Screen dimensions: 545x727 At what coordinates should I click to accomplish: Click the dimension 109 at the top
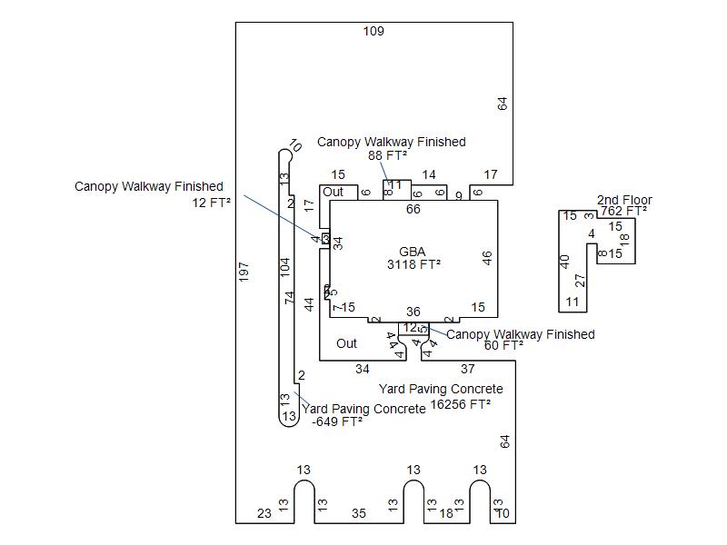(373, 31)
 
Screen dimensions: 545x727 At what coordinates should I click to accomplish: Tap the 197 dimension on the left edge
(244, 272)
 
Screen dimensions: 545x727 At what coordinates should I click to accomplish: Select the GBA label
(412, 252)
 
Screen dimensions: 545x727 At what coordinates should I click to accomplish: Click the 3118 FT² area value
(413, 264)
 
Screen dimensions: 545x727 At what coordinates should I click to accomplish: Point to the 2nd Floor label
(624, 200)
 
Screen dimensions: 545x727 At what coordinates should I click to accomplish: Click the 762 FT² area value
(623, 211)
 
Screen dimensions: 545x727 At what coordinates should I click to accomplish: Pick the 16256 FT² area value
(461, 403)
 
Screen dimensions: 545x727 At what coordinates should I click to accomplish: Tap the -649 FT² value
(337, 421)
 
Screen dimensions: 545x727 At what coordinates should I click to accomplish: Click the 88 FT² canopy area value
(387, 155)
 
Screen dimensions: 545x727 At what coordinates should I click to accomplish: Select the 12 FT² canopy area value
(211, 203)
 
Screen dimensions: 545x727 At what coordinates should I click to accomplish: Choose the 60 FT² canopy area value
(503, 345)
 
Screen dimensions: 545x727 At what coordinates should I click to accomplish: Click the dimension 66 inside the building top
(413, 210)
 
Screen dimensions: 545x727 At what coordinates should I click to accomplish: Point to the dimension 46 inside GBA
(487, 259)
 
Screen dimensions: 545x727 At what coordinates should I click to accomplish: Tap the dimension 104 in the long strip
(285, 267)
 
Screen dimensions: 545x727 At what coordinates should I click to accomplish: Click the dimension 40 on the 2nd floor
(564, 262)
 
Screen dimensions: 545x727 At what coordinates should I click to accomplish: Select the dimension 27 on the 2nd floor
(581, 280)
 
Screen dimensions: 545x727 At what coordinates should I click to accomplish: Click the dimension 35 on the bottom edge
(358, 513)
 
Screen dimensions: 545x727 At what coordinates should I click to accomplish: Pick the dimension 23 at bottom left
(264, 513)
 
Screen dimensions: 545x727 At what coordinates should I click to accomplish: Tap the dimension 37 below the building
(467, 369)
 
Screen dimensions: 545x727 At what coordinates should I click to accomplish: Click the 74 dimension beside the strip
(291, 297)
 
